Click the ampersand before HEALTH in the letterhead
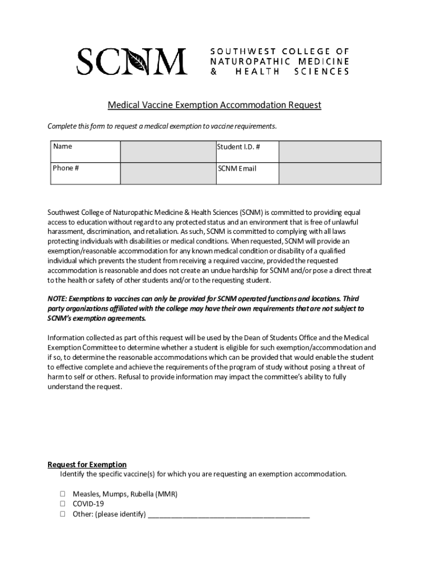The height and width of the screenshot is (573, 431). (213, 72)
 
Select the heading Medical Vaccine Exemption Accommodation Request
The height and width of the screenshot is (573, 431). (214, 105)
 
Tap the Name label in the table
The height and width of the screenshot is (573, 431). (62, 147)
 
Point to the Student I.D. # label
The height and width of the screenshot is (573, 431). (239, 147)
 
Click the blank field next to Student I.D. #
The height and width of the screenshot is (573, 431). (330, 152)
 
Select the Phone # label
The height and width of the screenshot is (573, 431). (65, 168)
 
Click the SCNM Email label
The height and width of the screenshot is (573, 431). (237, 168)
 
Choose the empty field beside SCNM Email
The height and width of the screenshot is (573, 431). (330, 173)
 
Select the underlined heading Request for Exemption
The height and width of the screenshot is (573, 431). (87, 464)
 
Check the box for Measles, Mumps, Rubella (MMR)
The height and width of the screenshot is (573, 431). (63, 495)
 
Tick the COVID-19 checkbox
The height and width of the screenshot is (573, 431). (63, 504)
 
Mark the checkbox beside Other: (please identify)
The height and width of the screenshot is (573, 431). (63, 514)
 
